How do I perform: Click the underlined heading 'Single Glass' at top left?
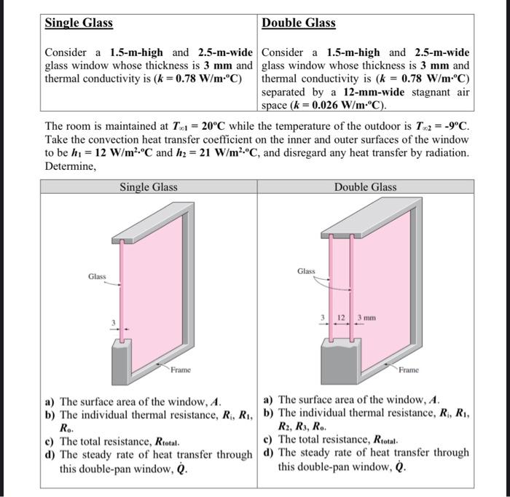coord(79,23)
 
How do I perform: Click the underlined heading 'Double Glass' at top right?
coord(299,23)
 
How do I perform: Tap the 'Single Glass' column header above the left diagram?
coord(149,187)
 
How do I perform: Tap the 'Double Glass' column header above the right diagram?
coord(365,187)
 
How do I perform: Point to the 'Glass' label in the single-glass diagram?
coord(97,276)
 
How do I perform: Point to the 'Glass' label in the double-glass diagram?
coord(307,271)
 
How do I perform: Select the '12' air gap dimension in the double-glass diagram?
coord(340,318)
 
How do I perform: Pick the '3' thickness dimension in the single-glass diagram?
coord(113,322)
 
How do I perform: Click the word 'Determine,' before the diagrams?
coord(70,165)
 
